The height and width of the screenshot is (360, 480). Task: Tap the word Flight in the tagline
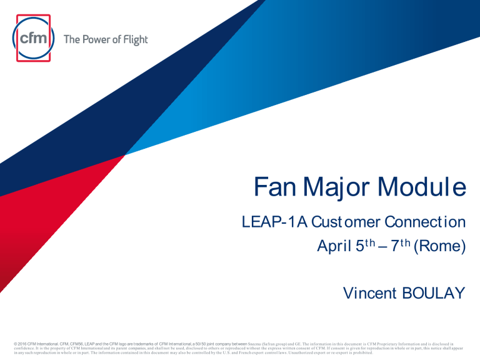pos(134,40)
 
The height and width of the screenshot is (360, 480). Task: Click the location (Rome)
pos(442,247)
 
